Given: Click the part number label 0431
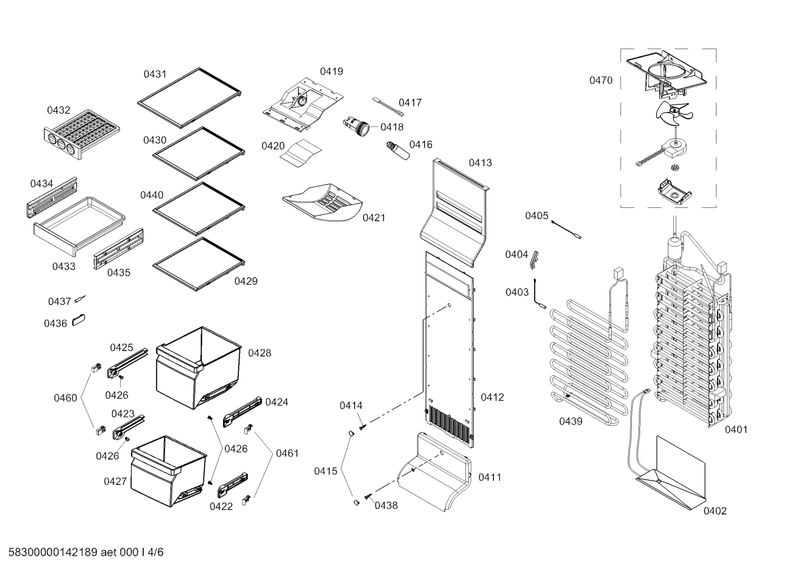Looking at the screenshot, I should (x=155, y=74).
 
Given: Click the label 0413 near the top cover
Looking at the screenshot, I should (x=480, y=163).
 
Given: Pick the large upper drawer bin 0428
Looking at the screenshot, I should (x=198, y=368).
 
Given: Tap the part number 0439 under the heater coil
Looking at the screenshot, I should (x=570, y=421).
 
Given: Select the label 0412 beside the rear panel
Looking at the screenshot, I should (x=492, y=397).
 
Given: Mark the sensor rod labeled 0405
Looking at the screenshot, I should (x=566, y=229).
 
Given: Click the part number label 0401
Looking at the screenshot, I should (x=736, y=429).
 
